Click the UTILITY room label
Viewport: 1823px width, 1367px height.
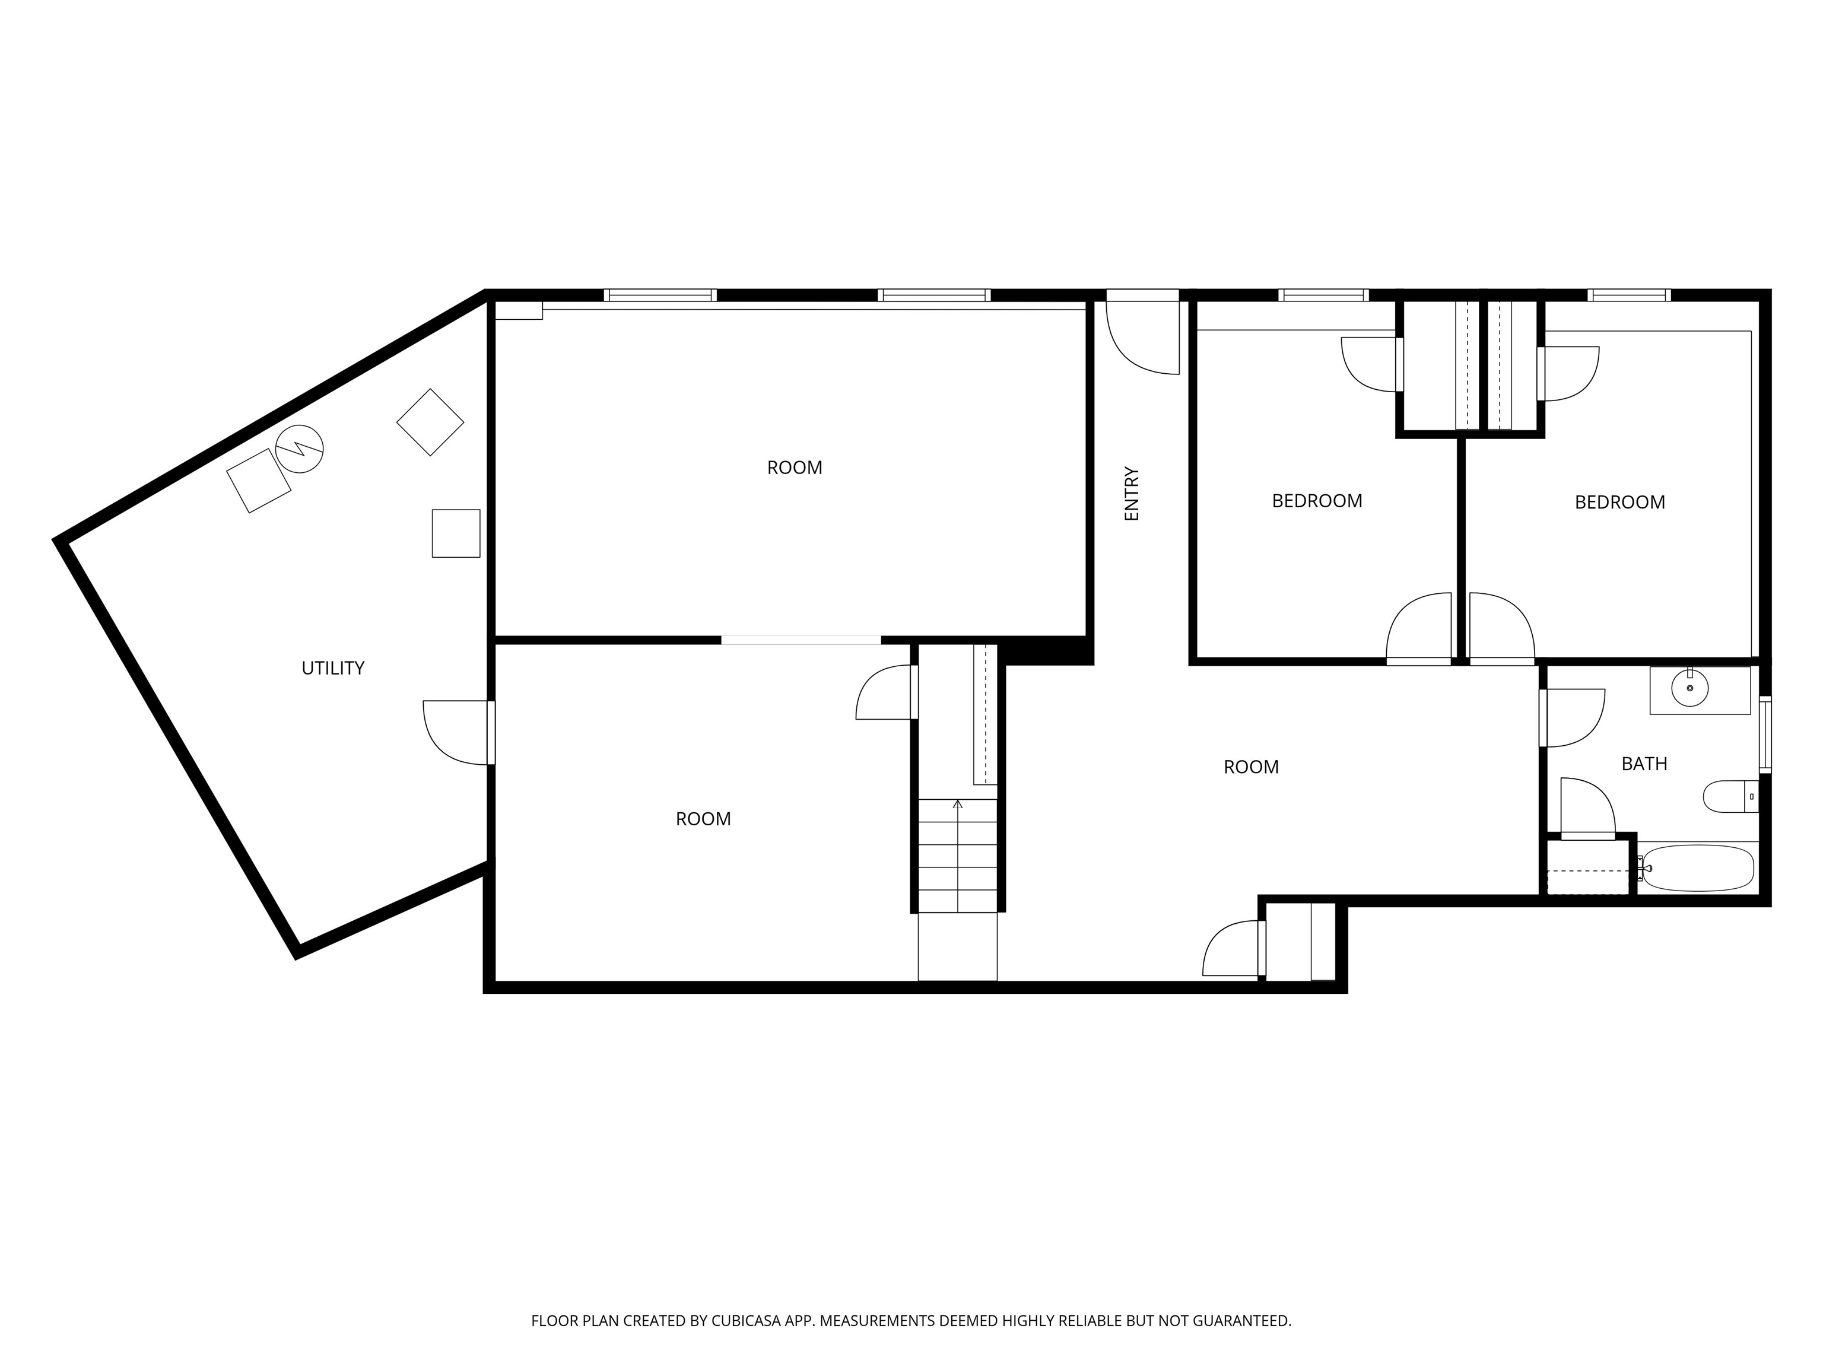click(333, 668)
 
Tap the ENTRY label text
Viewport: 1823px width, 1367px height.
click(1132, 494)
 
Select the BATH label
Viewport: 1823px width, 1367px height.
click(1644, 764)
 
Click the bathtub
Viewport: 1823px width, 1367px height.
click(1696, 867)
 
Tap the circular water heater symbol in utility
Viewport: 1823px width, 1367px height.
click(299, 449)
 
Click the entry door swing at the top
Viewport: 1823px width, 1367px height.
click(1142, 338)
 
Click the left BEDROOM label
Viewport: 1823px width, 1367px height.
click(1317, 501)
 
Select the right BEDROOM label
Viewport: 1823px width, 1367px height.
click(1619, 503)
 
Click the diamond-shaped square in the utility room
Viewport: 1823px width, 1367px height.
click(430, 422)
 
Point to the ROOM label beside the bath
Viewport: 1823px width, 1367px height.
click(1251, 767)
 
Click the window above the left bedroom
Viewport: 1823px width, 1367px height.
click(1323, 295)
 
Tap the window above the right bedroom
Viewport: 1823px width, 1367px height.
click(1630, 295)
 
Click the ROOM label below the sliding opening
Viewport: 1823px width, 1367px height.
click(703, 819)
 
